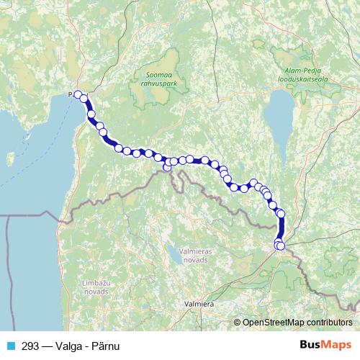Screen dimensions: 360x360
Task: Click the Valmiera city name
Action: point(199,305)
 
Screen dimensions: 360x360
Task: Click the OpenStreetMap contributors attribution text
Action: point(296,323)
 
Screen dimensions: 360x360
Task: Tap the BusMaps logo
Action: point(325,344)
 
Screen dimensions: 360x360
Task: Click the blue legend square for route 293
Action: point(10,344)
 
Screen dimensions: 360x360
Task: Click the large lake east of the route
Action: point(279,115)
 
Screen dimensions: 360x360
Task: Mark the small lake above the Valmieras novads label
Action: point(174,252)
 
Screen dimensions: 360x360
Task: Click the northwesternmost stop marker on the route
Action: point(78,94)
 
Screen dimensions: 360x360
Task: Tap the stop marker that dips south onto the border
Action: point(167,168)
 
